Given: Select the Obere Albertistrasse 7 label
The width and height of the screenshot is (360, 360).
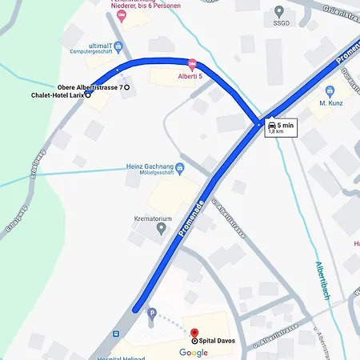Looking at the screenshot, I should [x=90, y=87].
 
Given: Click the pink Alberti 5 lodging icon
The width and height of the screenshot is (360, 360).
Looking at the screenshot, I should [x=191, y=64].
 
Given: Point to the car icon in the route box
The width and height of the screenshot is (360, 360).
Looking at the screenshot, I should [x=273, y=125].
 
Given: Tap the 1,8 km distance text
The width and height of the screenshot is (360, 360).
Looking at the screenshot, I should [x=277, y=132].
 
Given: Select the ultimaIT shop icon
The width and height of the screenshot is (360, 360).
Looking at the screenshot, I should [x=118, y=46].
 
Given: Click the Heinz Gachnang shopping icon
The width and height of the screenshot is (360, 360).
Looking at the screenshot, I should [x=179, y=168].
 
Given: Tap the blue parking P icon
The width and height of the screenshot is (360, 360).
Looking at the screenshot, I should [x=152, y=313].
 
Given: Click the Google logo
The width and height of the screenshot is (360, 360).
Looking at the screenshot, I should [x=194, y=353].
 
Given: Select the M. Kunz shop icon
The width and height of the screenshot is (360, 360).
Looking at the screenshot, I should [x=330, y=91].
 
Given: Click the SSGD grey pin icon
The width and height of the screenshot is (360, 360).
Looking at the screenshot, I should [x=279, y=11].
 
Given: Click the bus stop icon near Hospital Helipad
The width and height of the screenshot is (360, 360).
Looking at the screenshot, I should [x=117, y=333].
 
